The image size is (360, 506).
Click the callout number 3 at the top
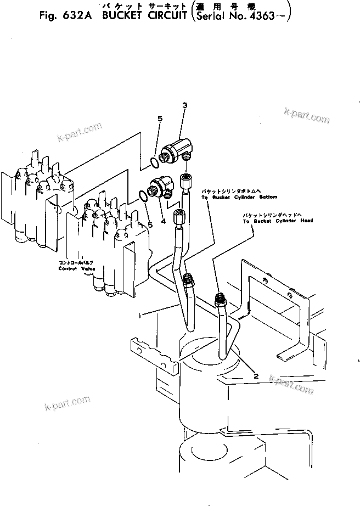coord(184,105)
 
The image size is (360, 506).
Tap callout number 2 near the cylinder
coord(256,376)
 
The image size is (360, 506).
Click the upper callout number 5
coord(160,119)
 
